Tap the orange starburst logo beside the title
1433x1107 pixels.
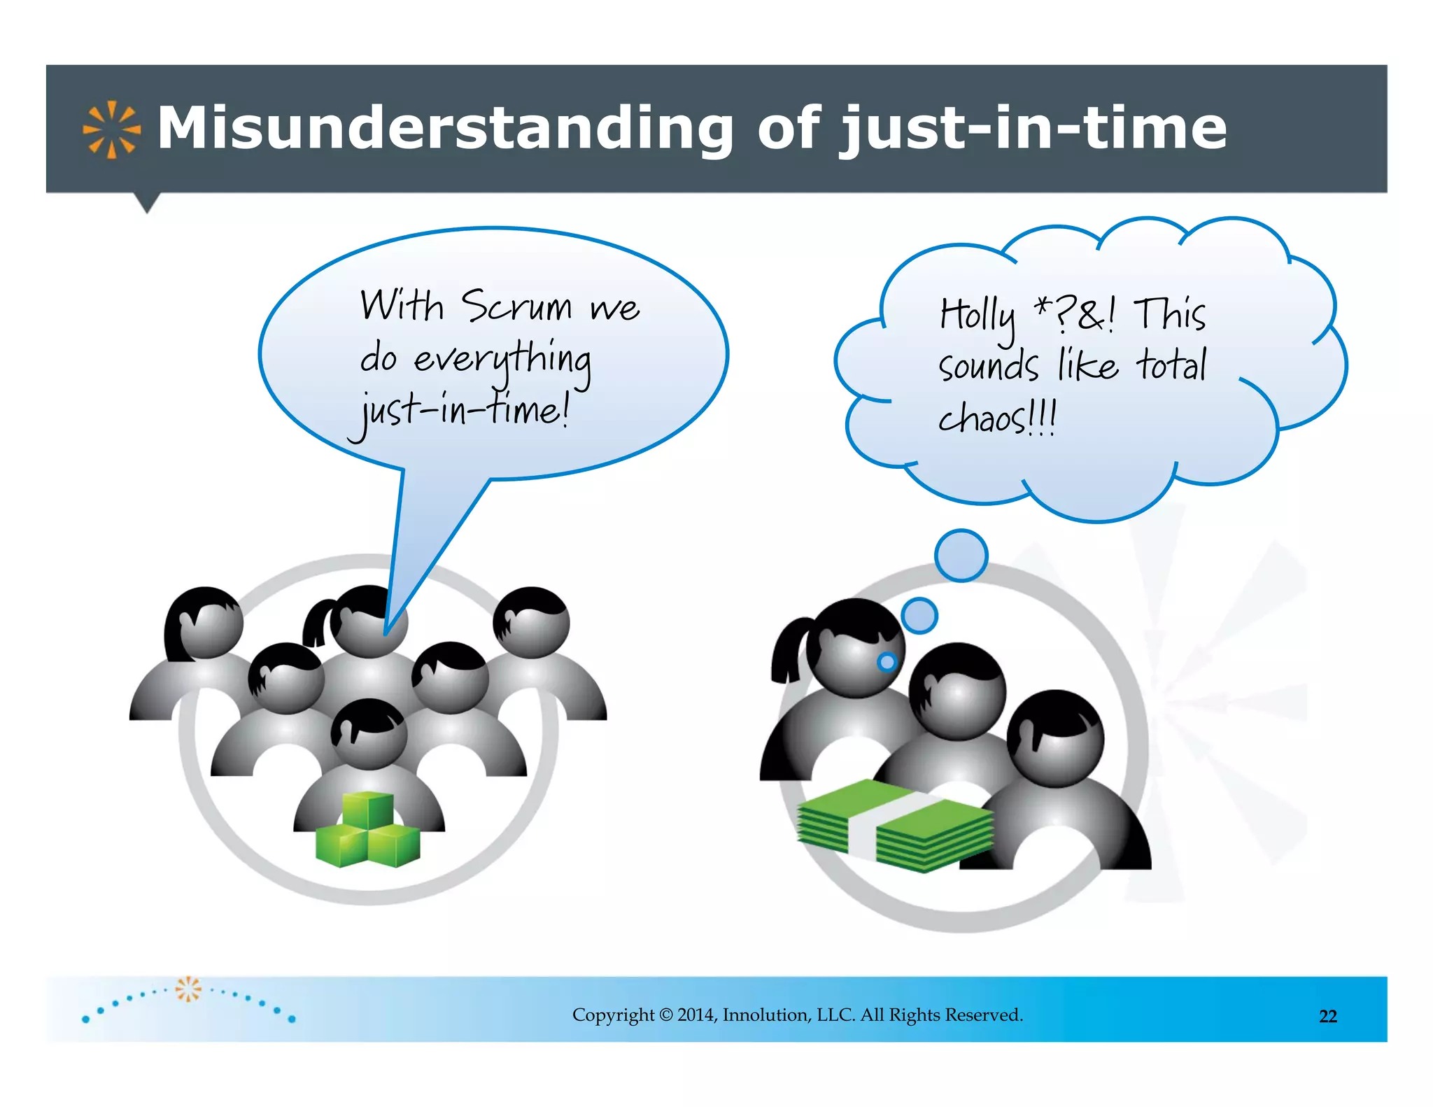click(111, 129)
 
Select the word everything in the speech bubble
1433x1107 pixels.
click(502, 360)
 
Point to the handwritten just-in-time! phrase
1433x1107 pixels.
click(462, 411)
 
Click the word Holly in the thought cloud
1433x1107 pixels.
click(977, 316)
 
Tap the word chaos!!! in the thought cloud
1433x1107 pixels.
click(996, 418)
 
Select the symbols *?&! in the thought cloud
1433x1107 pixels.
click(1075, 314)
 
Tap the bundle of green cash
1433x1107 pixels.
click(896, 826)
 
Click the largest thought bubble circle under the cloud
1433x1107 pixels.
click(961, 556)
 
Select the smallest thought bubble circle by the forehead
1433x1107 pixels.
click(887, 661)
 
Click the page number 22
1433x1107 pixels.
click(1327, 1016)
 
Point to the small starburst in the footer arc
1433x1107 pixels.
click(188, 989)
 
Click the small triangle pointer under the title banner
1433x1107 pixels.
click(146, 203)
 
